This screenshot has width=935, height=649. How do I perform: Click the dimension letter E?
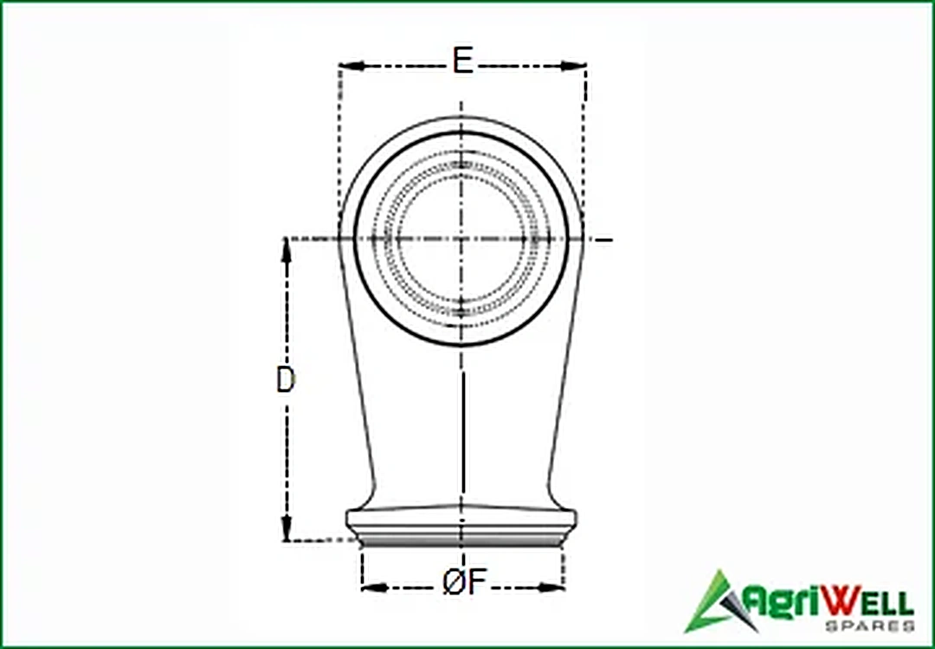point(462,61)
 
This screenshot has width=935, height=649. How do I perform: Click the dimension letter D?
point(286,380)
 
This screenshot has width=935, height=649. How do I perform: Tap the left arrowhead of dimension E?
point(351,66)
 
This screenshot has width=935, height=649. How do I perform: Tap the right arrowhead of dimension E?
point(574,66)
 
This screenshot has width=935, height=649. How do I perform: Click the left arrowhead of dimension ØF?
point(375,588)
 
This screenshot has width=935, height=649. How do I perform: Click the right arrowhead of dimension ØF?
point(551,588)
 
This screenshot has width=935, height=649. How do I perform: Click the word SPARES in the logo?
point(870,626)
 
